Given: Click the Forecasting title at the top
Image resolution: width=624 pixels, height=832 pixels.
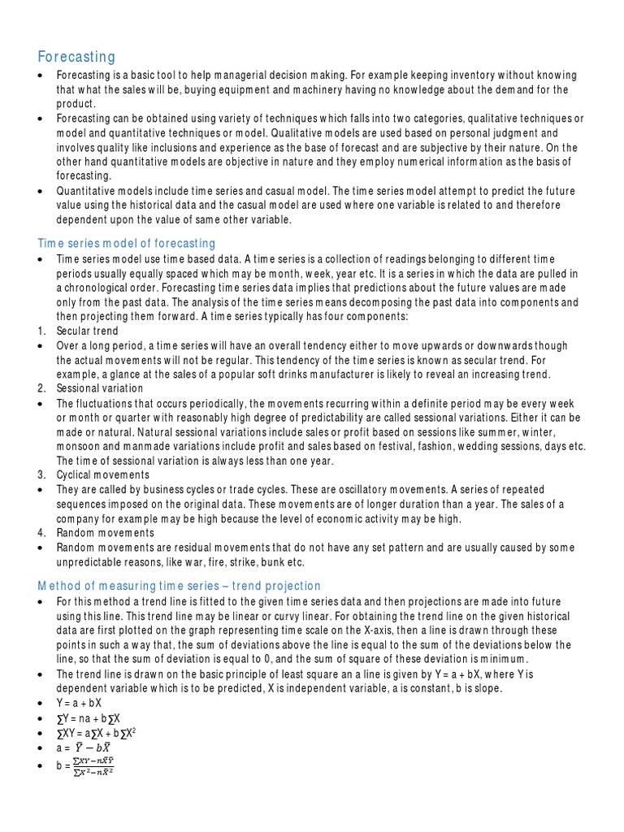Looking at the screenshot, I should click(x=77, y=56).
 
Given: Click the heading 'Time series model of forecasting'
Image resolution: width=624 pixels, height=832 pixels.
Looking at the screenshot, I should click(x=127, y=243).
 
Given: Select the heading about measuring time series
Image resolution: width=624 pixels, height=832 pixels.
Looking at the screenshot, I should click(x=180, y=586).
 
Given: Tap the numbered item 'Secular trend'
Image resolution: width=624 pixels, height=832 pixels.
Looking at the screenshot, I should click(x=87, y=331).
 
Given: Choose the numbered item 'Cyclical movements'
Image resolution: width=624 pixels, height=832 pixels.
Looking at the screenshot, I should click(x=103, y=475).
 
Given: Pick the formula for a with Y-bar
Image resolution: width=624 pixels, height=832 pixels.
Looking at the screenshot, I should click(x=84, y=747).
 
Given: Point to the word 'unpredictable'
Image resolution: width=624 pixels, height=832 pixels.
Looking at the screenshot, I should click(x=93, y=561).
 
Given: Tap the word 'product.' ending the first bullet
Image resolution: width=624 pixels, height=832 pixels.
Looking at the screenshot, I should click(x=76, y=104).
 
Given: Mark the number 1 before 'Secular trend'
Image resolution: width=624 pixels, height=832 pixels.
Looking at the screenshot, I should click(x=41, y=331).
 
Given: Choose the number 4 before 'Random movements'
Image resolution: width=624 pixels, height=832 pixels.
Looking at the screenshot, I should click(x=41, y=533).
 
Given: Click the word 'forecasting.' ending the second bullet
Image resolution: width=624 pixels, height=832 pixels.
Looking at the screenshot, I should click(x=84, y=175).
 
